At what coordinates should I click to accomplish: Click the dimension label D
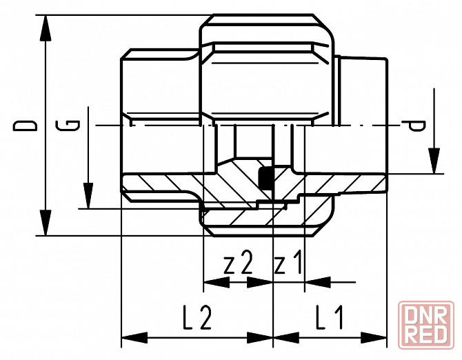click(27, 125)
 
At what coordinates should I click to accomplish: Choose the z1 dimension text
click(288, 264)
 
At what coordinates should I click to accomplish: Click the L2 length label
click(197, 319)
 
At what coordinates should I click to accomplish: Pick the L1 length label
click(330, 319)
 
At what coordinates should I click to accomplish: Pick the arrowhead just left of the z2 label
click(216, 281)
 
